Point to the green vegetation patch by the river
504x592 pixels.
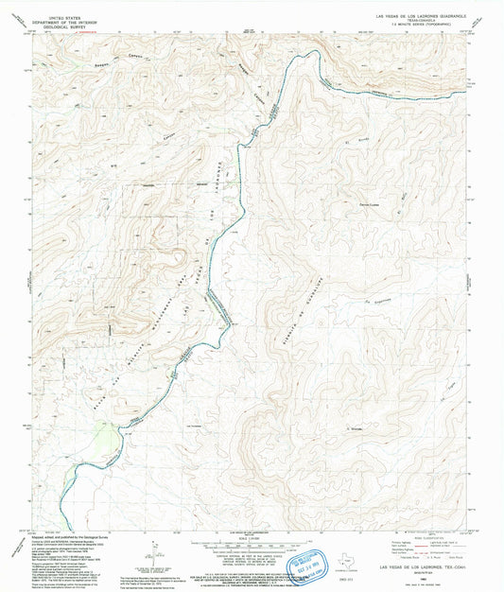tap(107, 441)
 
